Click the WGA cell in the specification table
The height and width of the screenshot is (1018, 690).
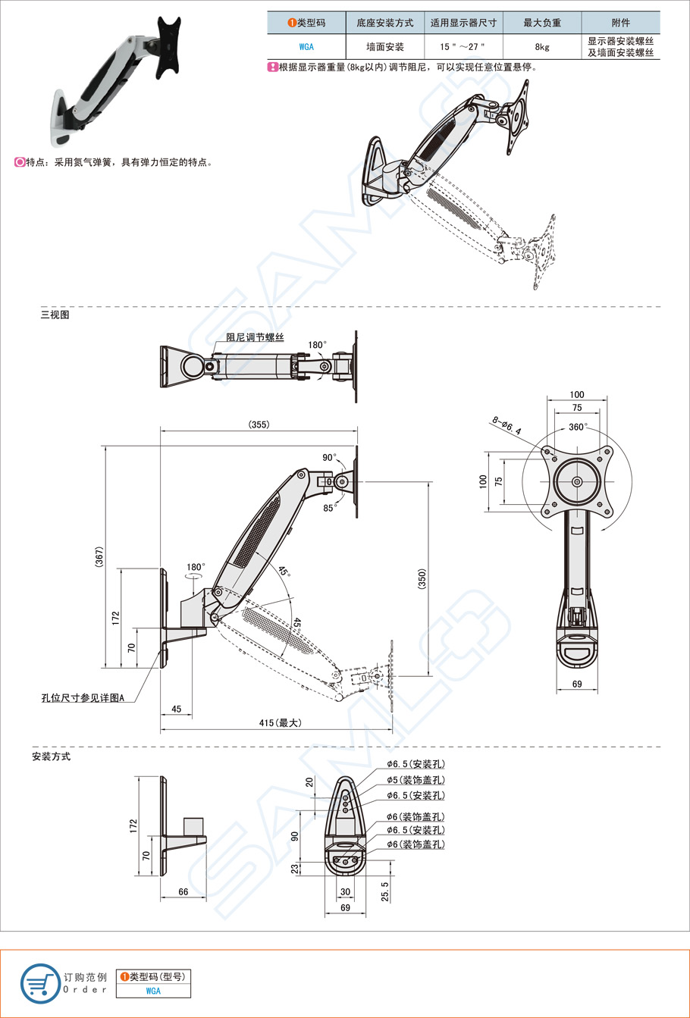pyautogui.click(x=306, y=46)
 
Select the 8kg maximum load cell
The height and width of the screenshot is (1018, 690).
pyautogui.click(x=542, y=46)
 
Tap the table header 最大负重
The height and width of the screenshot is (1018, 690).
pyautogui.click(x=542, y=23)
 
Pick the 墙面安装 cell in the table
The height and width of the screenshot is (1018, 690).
pyautogui.click(x=384, y=46)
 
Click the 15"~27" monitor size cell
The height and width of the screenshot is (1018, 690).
pyautogui.click(x=463, y=46)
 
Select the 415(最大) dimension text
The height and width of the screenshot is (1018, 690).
pyautogui.click(x=280, y=723)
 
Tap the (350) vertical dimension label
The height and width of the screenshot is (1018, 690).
pyautogui.click(x=422, y=579)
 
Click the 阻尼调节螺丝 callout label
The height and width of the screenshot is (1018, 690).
pyautogui.click(x=255, y=337)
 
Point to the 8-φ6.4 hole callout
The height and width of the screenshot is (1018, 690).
pyautogui.click(x=507, y=427)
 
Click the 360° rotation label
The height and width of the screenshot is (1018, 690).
pyautogui.click(x=578, y=427)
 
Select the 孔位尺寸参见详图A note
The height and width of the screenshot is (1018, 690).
pyautogui.click(x=83, y=697)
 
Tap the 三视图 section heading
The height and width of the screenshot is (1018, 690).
pyautogui.click(x=55, y=315)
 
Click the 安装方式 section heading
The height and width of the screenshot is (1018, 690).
pyautogui.click(x=51, y=756)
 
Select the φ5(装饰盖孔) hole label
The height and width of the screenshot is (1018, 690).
pyautogui.click(x=415, y=779)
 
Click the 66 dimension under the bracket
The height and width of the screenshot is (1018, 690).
pyautogui.click(x=183, y=891)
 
